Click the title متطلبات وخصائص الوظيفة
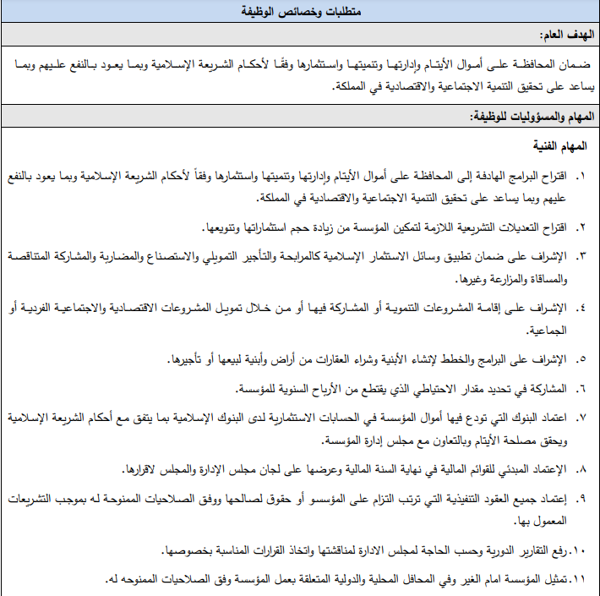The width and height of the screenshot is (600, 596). [299, 11]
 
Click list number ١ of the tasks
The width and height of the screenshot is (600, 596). [581, 177]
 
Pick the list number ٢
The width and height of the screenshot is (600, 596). [581, 227]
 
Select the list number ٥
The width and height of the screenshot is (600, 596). [581, 360]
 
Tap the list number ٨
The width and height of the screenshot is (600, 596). [581, 468]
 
